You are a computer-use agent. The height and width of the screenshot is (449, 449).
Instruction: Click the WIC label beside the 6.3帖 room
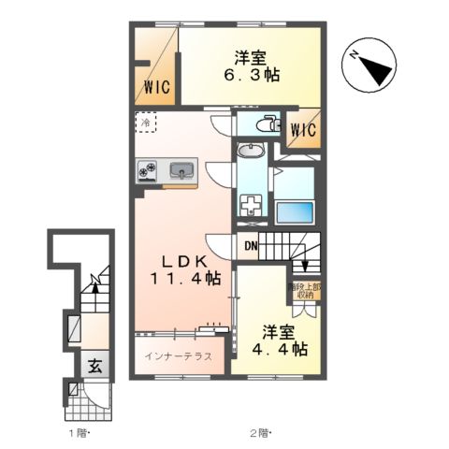pos(156,89)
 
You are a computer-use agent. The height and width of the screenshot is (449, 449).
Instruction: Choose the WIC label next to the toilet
pos(302,131)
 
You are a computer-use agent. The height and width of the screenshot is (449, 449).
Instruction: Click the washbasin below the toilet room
pos(251,152)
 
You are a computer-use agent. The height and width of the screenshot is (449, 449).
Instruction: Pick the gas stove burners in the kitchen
pos(148,170)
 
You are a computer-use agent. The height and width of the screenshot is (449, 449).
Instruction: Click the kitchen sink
pos(182,170)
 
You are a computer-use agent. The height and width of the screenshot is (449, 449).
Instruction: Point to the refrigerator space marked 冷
pos(145,121)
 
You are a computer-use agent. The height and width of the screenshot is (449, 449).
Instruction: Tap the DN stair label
pos(250,246)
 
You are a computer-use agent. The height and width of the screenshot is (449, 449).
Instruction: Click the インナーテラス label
pos(179,357)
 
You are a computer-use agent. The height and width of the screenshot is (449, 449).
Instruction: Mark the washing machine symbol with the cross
pos(251,205)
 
